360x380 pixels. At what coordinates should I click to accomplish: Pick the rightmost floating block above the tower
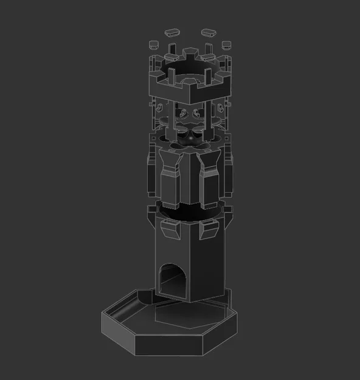tap(226, 44)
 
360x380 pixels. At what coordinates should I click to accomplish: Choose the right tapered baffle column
tap(209, 176)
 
